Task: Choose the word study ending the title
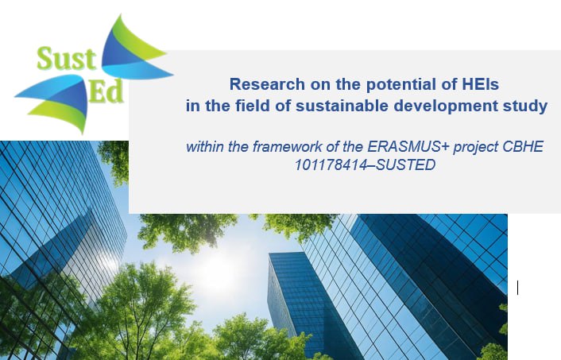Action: [525, 106]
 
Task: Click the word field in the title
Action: [252, 106]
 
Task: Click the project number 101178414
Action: [331, 165]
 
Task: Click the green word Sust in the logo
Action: [67, 59]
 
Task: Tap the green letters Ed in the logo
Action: [106, 91]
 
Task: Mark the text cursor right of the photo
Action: [518, 288]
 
